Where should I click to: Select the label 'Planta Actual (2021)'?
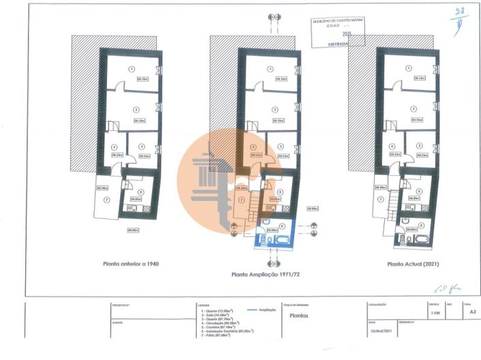coord(413,263)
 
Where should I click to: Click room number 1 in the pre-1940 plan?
coord(132,69)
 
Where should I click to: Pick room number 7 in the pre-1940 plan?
coord(106,200)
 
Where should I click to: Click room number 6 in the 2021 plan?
coord(420,224)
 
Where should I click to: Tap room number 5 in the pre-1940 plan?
coord(140,193)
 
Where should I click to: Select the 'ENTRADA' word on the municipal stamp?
coord(337,43)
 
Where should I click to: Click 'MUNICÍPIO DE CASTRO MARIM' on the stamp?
coord(338,22)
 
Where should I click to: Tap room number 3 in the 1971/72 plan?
coord(281,146)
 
